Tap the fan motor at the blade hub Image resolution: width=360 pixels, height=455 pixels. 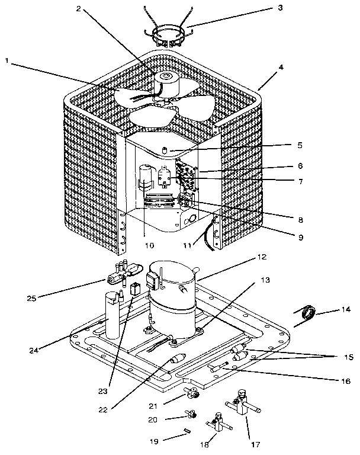166,83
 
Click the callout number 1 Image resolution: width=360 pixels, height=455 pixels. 7,60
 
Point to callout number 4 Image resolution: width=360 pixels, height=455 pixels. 281,67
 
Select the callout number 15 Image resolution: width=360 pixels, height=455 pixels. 346,357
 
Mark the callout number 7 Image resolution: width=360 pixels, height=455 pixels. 300,181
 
